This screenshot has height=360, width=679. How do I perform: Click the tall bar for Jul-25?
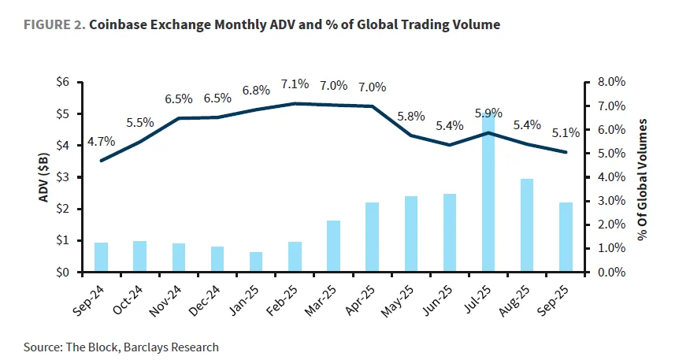488,193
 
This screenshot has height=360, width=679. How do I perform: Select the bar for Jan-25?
255,262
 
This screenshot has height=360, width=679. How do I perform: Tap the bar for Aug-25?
527,225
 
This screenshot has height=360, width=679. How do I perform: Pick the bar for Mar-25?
333,247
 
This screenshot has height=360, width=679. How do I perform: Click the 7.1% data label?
295,84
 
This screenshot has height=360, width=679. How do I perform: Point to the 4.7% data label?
101,142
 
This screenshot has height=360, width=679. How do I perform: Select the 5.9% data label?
488,113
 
